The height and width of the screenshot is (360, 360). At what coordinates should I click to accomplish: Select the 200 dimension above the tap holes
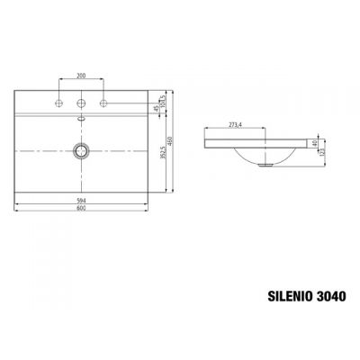(x=82, y=76)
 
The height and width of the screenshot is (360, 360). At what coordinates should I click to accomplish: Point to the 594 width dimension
(x=82, y=202)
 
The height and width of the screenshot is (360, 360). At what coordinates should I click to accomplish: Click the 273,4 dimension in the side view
(x=236, y=124)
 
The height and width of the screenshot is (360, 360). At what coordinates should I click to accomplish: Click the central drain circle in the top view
(x=82, y=148)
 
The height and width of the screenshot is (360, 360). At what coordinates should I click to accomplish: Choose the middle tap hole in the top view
(x=82, y=101)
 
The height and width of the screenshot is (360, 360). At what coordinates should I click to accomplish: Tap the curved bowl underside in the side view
(x=261, y=157)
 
